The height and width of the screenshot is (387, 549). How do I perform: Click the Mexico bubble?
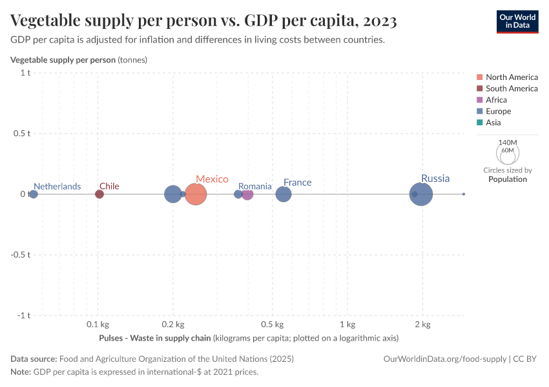(196, 194)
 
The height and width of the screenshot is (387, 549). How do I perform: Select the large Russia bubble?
(421, 194)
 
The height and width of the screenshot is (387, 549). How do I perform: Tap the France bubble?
(284, 194)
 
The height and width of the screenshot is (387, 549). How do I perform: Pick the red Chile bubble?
(99, 194)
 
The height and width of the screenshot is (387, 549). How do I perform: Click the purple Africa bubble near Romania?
(247, 194)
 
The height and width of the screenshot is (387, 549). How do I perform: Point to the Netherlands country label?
(57, 186)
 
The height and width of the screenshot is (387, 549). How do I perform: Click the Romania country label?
(255, 186)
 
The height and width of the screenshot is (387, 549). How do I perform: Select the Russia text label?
(435, 179)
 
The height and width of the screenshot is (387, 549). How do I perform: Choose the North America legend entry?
(512, 77)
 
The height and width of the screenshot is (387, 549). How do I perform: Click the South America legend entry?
(512, 88)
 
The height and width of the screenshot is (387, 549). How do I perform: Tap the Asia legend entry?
(493, 123)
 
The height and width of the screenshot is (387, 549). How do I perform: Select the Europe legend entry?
(498, 111)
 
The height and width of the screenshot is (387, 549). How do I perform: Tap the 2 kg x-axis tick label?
(423, 324)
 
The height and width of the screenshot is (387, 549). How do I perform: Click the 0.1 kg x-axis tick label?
(97, 324)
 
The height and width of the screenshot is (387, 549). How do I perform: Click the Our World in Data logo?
(517, 21)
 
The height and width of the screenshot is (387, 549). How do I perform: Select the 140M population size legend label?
(508, 143)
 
